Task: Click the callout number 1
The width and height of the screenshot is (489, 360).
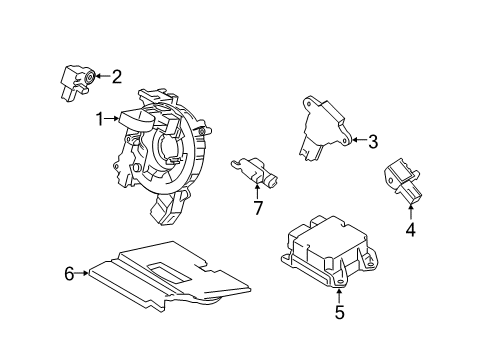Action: (100, 118)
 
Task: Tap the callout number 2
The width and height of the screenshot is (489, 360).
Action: (116, 75)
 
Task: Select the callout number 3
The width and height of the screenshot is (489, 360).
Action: (372, 141)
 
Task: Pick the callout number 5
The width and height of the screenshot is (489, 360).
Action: (339, 312)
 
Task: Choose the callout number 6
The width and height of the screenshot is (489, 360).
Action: (70, 271)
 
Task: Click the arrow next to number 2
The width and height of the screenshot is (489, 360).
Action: (101, 75)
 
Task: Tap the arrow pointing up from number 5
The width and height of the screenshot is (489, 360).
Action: (339, 292)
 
